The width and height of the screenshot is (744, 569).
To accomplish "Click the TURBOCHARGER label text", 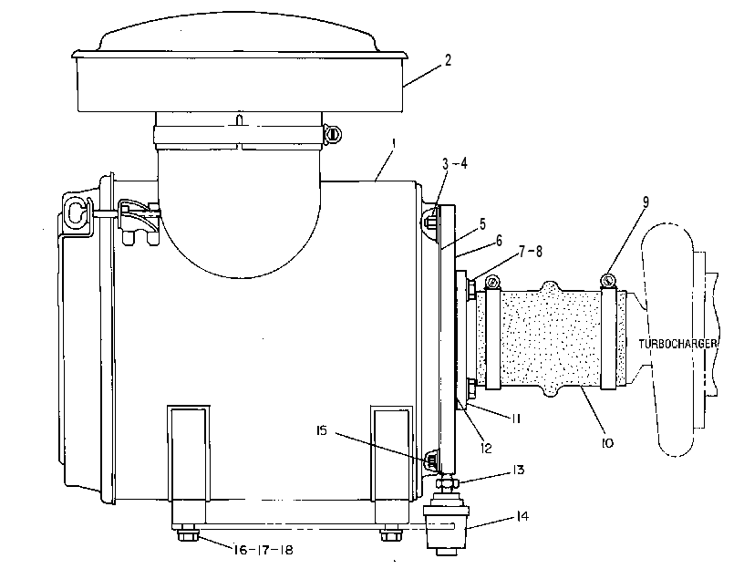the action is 677,344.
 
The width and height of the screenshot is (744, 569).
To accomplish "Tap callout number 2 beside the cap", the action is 448,60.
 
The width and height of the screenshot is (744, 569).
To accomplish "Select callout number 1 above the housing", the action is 393,142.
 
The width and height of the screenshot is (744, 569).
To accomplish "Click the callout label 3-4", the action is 455,164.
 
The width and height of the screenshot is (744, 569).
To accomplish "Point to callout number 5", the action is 482,224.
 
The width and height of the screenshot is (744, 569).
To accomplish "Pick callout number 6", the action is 499,241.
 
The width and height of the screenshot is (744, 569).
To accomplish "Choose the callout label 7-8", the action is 531,252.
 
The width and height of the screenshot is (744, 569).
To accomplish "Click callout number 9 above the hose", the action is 646,202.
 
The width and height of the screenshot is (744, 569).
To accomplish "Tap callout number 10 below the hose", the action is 607,443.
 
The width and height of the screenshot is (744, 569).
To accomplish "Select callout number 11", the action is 515,419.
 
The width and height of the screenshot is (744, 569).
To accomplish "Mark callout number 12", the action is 486,448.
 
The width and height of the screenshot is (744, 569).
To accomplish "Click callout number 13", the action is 518,470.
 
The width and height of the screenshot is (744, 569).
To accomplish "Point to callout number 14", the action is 522,516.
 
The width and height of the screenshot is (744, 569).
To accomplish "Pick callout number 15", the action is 322,431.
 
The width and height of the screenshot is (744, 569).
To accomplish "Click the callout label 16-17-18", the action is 263,550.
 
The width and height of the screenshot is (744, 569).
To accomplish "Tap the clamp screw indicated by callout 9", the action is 608,281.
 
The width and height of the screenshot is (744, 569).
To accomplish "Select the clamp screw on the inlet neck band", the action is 333,134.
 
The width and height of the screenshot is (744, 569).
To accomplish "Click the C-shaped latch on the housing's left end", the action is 76,212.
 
